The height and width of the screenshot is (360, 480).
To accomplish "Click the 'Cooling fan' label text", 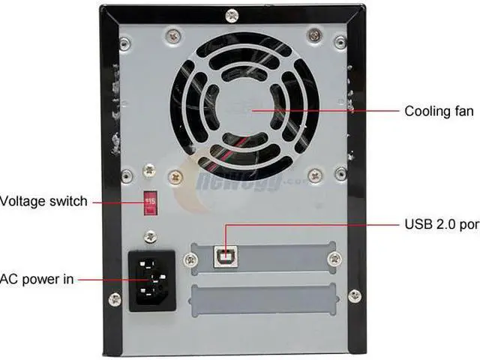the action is point(439,112).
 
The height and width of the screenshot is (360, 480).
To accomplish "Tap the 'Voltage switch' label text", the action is point(43,201).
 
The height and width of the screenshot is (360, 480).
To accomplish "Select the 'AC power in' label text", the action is point(37,279).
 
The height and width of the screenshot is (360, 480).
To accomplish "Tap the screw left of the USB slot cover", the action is point(189,259).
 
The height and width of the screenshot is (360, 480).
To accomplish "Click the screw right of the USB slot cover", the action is point(335,258).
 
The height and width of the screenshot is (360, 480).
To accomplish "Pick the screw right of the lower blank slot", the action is point(355,296).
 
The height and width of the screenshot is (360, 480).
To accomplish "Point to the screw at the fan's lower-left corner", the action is point(175,178).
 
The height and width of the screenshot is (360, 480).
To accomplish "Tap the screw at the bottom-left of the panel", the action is point(114,300).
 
